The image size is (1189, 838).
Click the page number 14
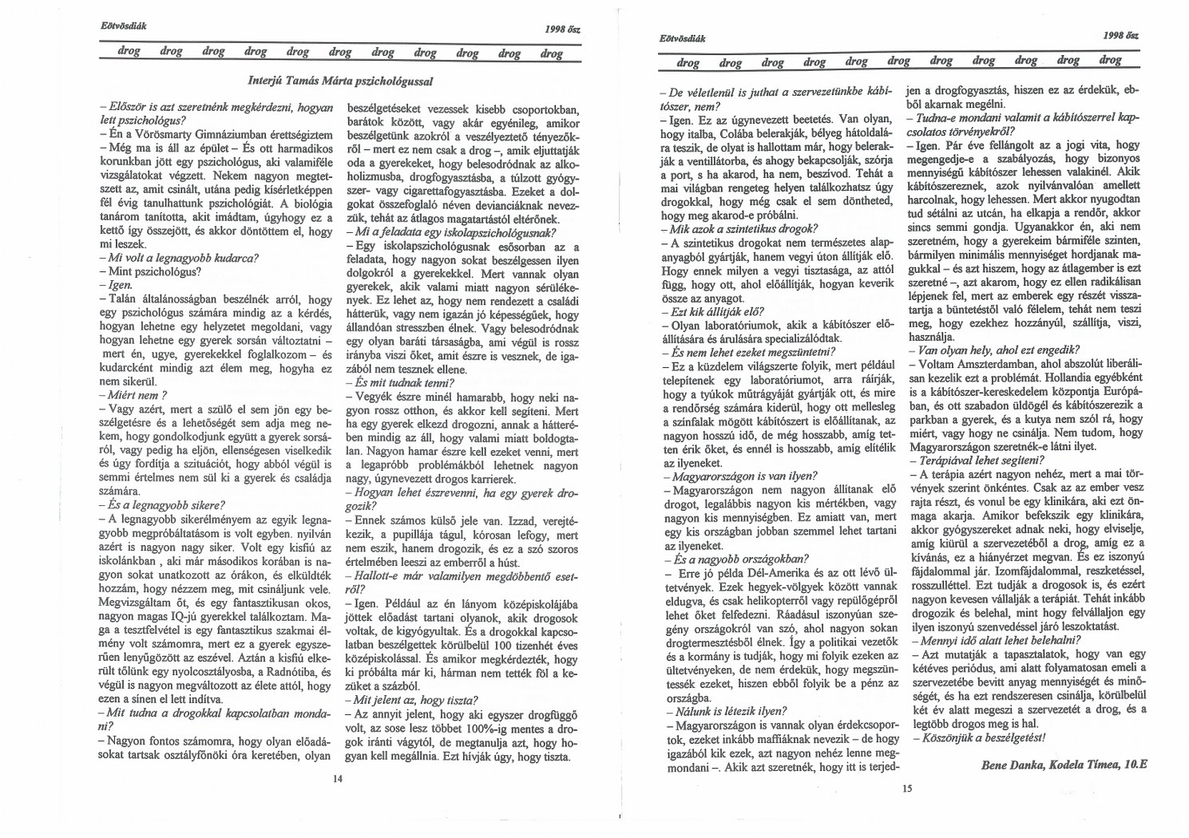[338, 779]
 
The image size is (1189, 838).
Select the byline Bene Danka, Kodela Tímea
[1063, 764]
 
